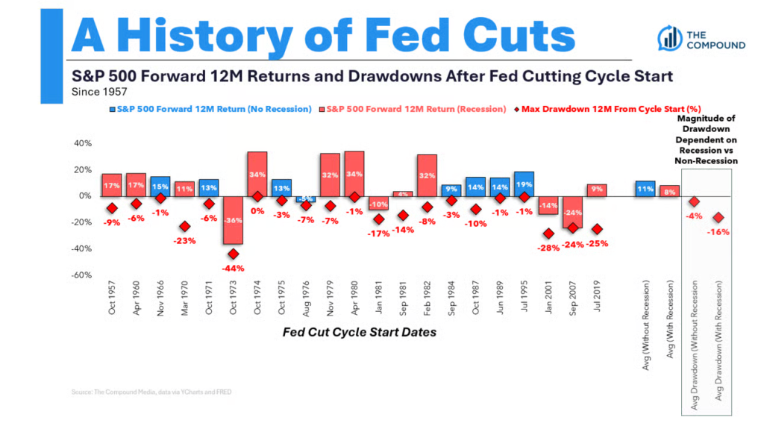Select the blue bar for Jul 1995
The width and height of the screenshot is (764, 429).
[524, 184]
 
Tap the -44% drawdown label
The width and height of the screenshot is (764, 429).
[233, 268]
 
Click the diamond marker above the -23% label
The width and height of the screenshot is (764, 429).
[184, 227]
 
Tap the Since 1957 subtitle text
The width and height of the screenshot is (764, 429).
[98, 93]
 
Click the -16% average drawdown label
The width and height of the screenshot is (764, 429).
[721, 232]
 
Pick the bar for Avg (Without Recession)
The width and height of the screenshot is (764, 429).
[645, 189]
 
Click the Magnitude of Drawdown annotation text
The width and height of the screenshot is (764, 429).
[706, 140]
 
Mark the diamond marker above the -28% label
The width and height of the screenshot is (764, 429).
[548, 234]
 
